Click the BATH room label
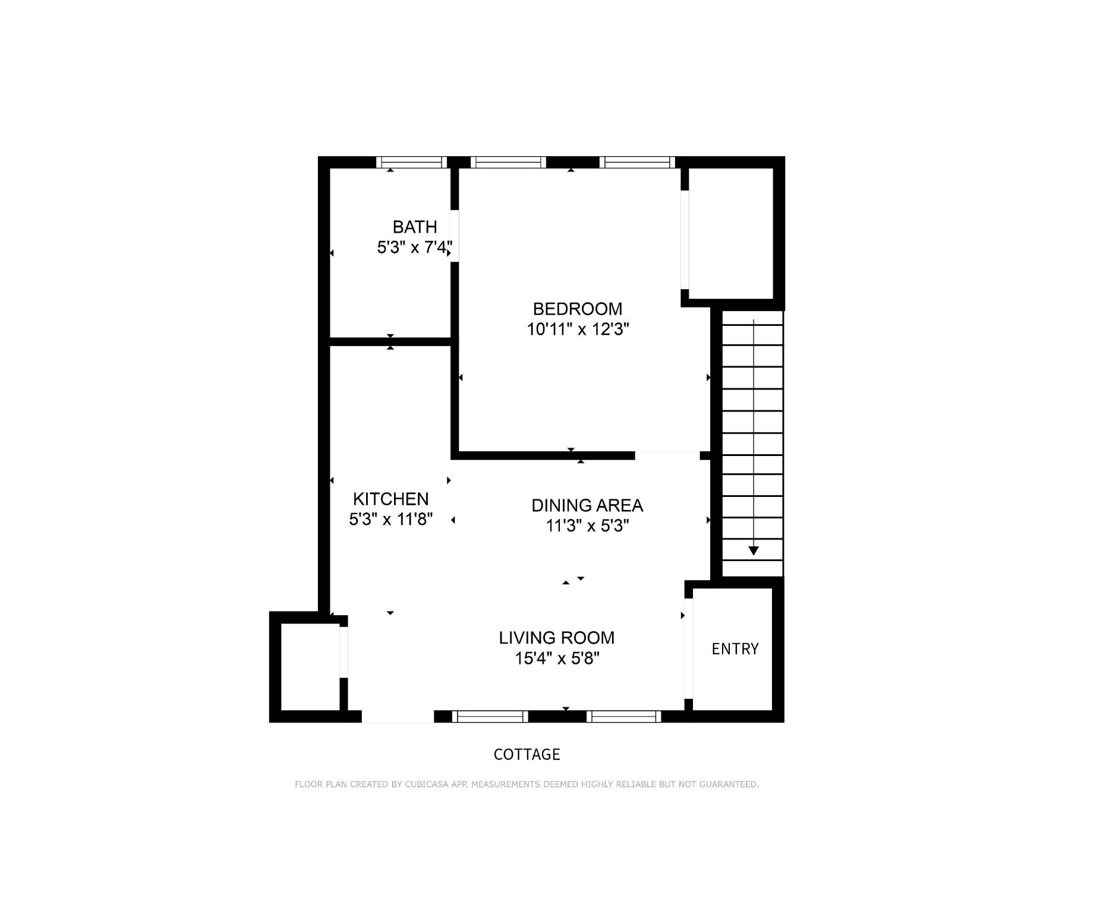(x=415, y=227)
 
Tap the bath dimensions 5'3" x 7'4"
(x=415, y=247)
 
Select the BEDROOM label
(x=578, y=309)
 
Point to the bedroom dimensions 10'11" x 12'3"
(x=578, y=329)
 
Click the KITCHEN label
(x=390, y=499)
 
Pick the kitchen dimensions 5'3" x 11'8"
(x=390, y=520)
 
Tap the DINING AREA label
(x=587, y=505)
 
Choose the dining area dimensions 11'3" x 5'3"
(x=587, y=525)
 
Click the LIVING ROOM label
(x=556, y=638)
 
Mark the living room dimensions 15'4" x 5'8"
(x=557, y=658)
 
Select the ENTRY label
(x=735, y=649)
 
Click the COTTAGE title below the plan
(x=527, y=754)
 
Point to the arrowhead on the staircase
(x=754, y=551)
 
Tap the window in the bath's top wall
(x=411, y=162)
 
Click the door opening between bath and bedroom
(x=455, y=236)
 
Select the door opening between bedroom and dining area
(x=667, y=455)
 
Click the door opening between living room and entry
(x=689, y=648)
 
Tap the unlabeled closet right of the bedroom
(x=731, y=233)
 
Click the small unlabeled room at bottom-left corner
(x=310, y=666)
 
